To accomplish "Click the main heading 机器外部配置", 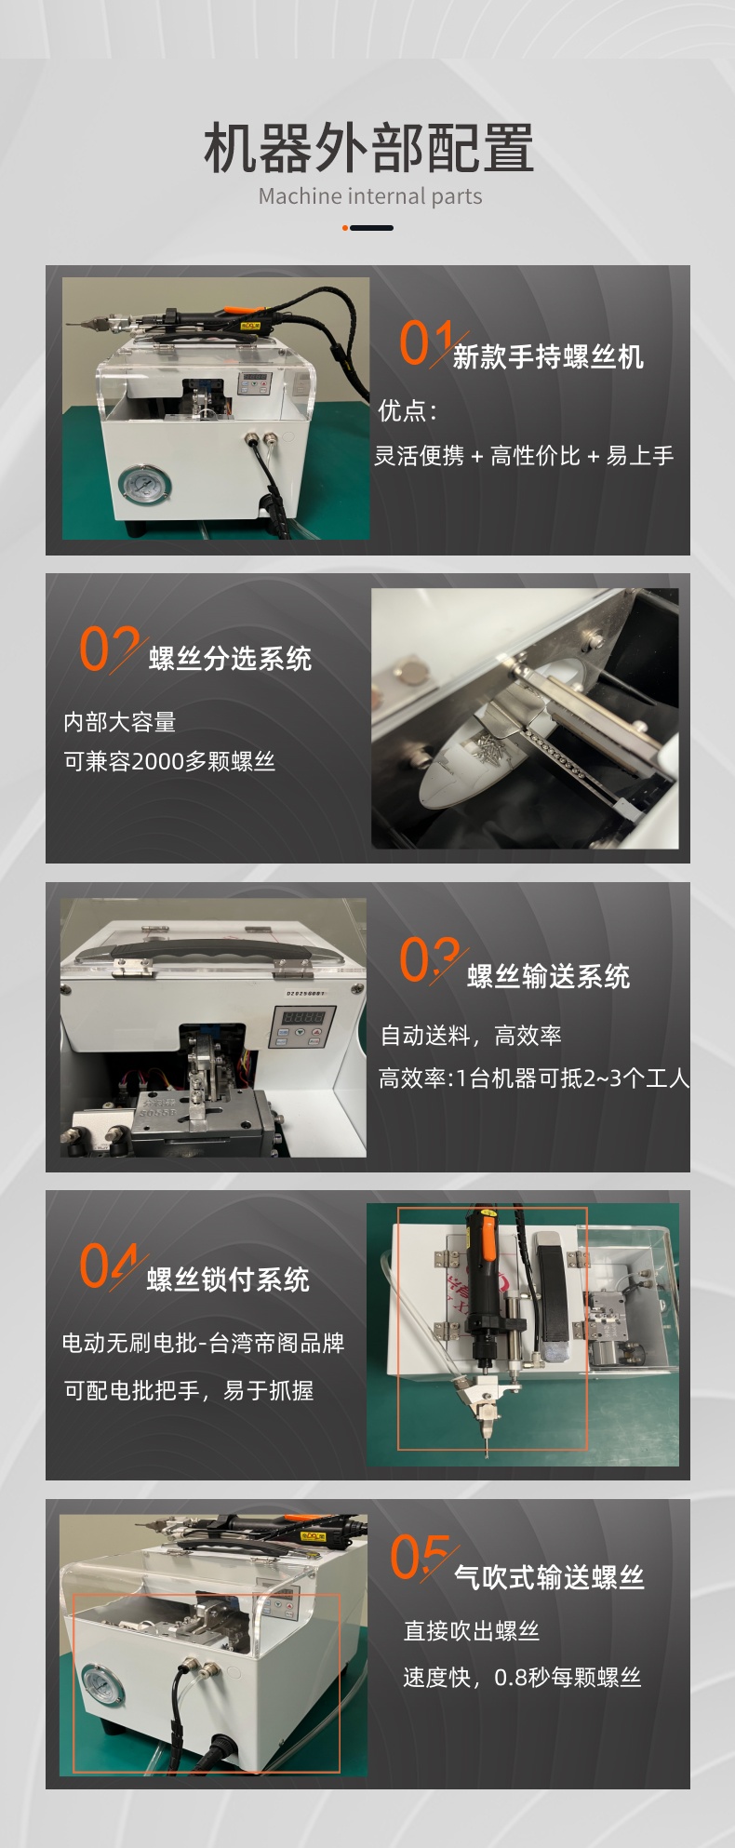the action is coord(368,148).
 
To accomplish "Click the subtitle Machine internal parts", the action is coord(370,196).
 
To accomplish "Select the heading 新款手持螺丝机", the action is coord(548,356).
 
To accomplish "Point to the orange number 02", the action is coord(109,648).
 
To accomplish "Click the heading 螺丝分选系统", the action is coord(230,659).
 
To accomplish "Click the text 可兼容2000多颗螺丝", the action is coord(169,761).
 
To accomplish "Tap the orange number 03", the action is coord(429,959).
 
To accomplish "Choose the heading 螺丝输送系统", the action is coord(548,976).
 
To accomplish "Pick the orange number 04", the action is coord(108,1265).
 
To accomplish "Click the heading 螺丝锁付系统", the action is coord(228,1279).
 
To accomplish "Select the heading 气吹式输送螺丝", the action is coord(549,1576).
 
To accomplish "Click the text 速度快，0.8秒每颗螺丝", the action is coord(522,1678).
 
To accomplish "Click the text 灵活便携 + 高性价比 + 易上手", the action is coord(524,455).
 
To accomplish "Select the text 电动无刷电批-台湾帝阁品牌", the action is coord(203,1343).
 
